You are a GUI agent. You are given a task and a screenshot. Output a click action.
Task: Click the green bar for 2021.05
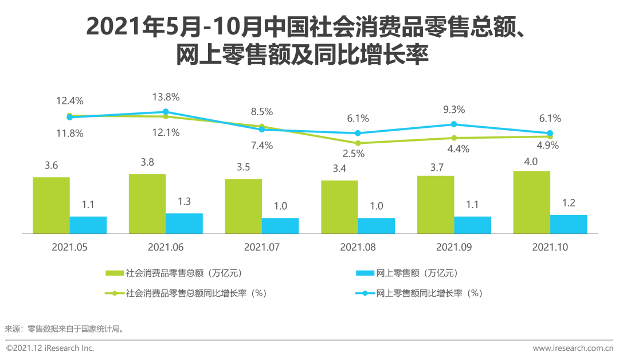(x=51, y=205)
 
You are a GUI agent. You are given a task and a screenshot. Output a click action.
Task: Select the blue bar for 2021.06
(x=184, y=224)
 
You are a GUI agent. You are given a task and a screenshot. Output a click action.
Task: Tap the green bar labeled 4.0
(x=531, y=202)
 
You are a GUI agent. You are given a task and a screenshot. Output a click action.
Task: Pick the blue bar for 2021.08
(x=377, y=226)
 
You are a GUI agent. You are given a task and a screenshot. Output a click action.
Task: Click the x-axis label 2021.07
(x=262, y=248)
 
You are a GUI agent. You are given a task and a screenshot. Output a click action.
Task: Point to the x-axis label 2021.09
(x=454, y=248)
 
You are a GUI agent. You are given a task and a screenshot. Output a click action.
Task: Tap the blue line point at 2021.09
(x=454, y=124)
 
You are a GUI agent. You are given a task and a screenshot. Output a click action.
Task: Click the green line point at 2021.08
(x=358, y=143)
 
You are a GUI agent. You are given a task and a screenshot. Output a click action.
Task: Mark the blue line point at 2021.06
(x=166, y=112)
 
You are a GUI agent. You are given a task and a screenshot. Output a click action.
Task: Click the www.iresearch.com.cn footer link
(x=573, y=348)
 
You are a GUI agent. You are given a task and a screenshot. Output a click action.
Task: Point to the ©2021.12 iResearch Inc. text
(x=50, y=348)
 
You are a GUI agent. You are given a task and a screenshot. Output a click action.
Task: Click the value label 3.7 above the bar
(x=435, y=167)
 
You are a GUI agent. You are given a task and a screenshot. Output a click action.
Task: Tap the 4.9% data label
(x=547, y=145)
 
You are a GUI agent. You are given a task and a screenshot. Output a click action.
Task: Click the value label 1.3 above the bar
(x=185, y=201)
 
